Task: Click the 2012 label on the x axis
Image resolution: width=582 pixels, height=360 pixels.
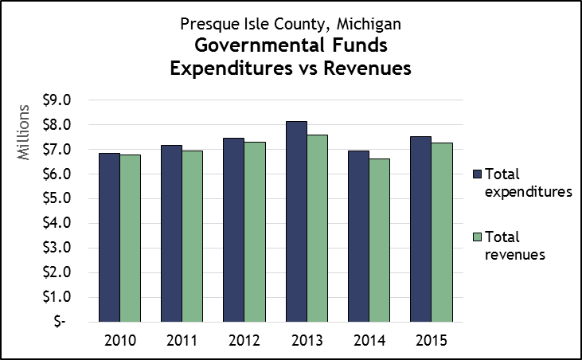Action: (x=244, y=342)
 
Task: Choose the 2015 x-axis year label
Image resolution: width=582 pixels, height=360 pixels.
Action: (x=431, y=342)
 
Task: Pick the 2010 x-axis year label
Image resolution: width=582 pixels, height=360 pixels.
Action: (x=119, y=342)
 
